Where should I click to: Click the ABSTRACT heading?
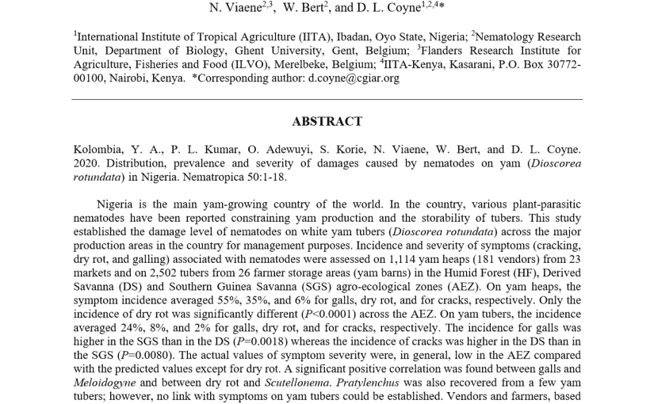pyautogui.click(x=327, y=122)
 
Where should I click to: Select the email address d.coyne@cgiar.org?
pyautogui.click(x=353, y=78)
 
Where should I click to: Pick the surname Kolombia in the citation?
pyautogui.click(x=99, y=149)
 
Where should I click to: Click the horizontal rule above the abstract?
pyautogui.click(x=327, y=99)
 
